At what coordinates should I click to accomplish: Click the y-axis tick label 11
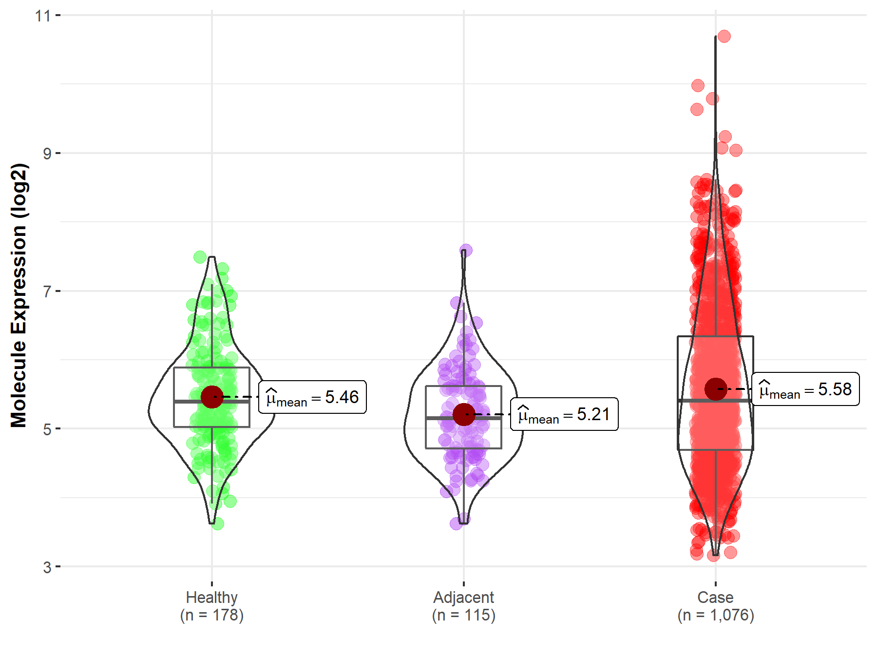[43, 16]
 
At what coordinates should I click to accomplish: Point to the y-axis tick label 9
[47, 154]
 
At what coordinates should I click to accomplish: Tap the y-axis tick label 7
[47, 291]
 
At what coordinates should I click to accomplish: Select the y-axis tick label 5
[47, 429]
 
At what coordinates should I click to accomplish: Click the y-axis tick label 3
[47, 567]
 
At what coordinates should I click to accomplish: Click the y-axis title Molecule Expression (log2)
[19, 295]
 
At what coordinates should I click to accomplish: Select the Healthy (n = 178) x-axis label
[212, 606]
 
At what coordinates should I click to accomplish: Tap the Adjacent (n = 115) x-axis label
[464, 606]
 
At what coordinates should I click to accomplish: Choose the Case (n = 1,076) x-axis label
[715, 606]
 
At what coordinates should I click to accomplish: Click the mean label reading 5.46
[312, 397]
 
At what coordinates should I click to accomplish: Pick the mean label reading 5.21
[564, 414]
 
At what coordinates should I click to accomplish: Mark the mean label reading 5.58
[805, 389]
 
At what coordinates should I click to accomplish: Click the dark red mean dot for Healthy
[212, 397]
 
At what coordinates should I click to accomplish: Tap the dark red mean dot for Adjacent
[464, 414]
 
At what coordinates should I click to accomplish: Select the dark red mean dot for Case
[715, 389]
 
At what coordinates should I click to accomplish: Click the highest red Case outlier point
[724, 36]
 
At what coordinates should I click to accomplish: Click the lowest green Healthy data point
[218, 524]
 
